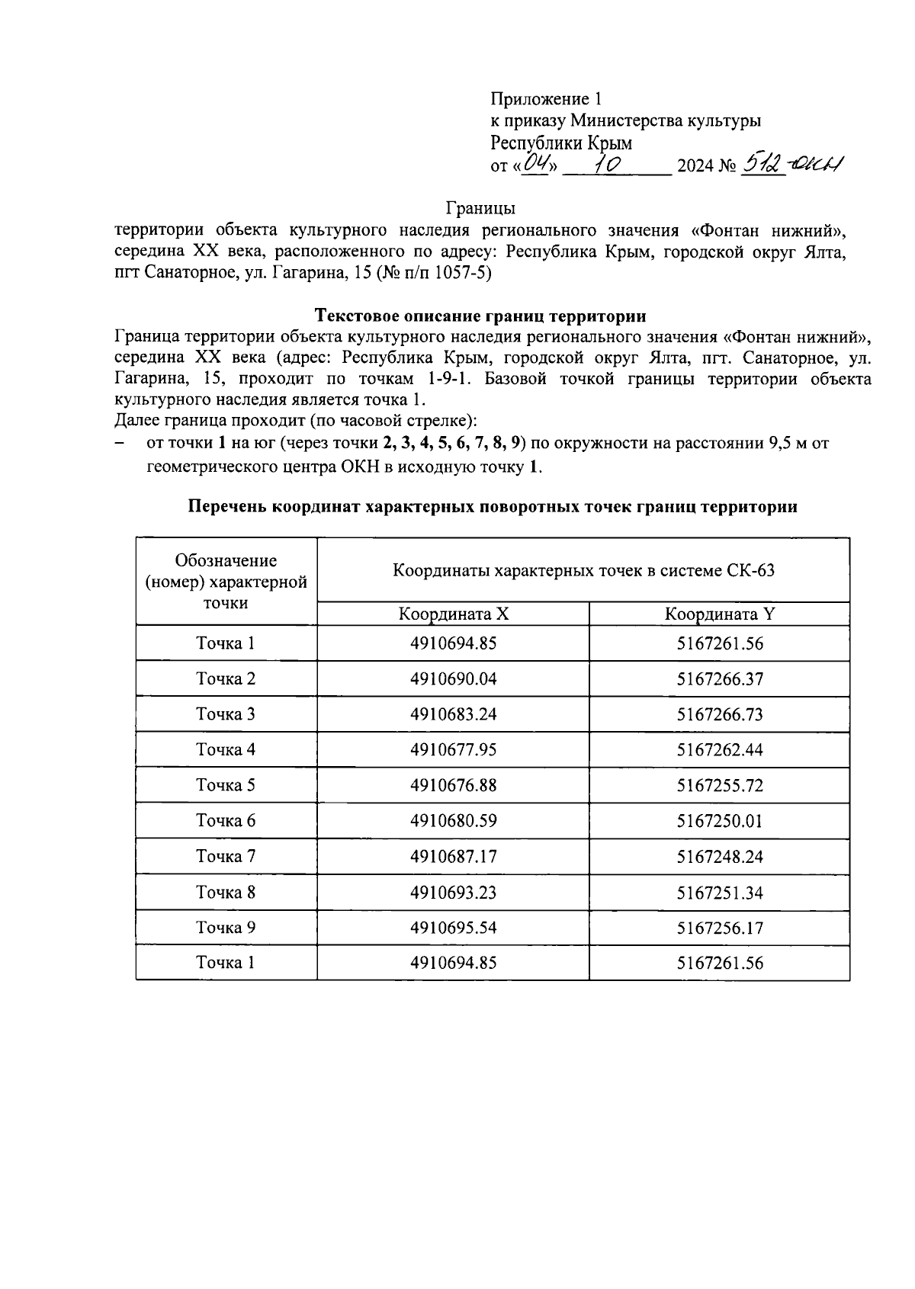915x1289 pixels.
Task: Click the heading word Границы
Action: (480, 208)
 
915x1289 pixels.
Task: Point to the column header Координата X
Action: (453, 614)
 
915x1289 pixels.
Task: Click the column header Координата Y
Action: (719, 614)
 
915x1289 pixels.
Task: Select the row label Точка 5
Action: (226, 785)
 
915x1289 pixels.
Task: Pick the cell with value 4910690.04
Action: (453, 678)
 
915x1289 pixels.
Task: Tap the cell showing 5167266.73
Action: (719, 714)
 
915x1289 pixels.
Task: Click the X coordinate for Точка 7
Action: (453, 857)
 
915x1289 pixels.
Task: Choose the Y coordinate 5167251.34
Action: (719, 893)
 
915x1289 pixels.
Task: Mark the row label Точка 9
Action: (226, 928)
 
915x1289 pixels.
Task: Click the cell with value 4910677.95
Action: (453, 750)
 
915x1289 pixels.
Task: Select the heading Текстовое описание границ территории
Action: (480, 316)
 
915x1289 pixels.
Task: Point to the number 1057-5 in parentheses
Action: (460, 274)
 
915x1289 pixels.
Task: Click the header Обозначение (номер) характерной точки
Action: (226, 582)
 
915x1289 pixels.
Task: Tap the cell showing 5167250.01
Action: (719, 821)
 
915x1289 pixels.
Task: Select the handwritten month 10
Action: (613, 163)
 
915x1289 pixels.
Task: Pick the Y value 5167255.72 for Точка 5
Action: (719, 786)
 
